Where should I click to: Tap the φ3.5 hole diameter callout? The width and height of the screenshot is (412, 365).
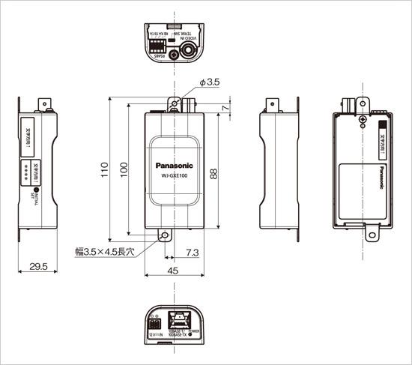209,83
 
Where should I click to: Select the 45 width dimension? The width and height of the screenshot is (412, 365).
173,272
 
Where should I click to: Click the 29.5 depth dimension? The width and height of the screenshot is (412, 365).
37,266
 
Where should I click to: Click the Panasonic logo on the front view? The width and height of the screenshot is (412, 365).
174,166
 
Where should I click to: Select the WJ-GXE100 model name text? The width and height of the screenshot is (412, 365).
174,177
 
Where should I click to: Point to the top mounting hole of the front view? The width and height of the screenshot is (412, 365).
175,102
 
